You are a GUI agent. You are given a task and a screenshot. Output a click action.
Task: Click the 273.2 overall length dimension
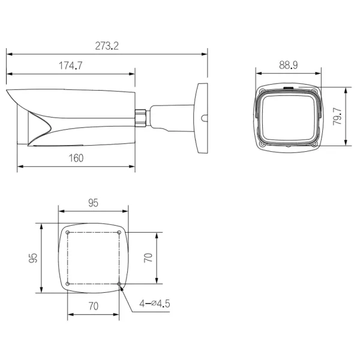tap(107, 46)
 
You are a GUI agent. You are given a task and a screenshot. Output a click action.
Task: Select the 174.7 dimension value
tap(70, 67)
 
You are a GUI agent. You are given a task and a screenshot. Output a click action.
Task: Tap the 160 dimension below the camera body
tap(76, 158)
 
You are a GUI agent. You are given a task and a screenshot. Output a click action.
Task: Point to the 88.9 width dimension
tap(289, 64)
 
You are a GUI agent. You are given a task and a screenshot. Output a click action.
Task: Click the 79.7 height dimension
tap(338, 117)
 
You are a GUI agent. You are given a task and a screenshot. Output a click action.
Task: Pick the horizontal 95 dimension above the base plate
tap(93, 203)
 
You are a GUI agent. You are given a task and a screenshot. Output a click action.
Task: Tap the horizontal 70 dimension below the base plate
tap(93, 305)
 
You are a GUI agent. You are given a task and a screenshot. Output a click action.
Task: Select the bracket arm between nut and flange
tap(171, 117)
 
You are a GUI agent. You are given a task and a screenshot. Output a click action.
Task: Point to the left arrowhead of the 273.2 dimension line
tap(8, 53)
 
